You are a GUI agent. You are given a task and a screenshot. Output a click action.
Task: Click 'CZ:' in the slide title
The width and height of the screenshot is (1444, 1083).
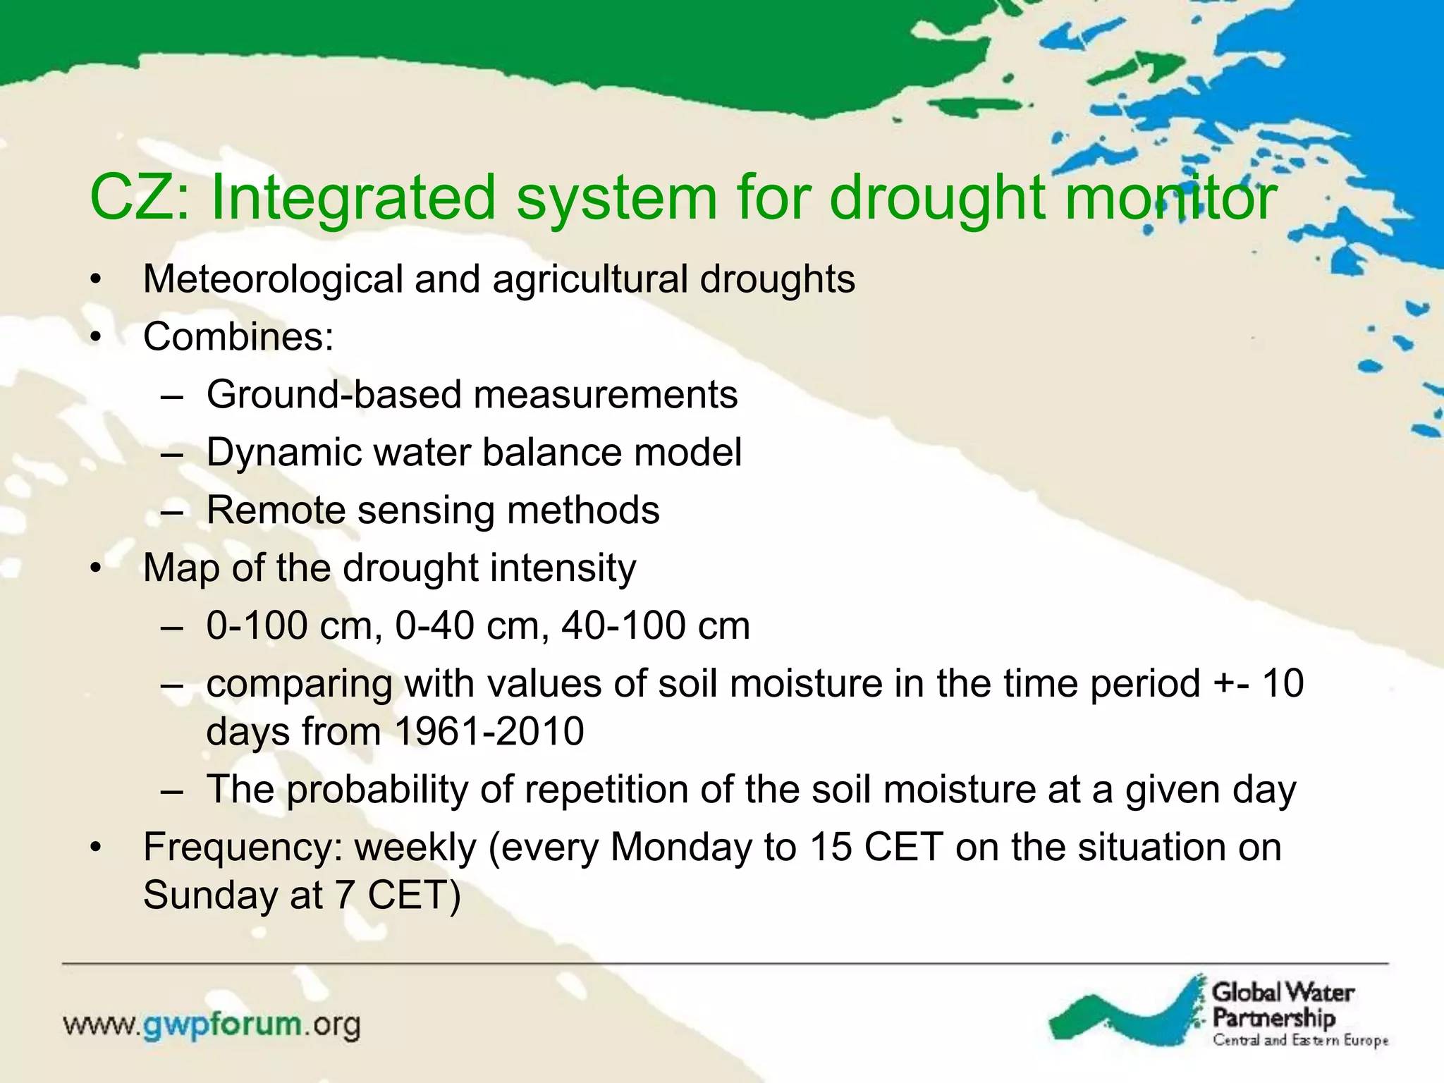(x=139, y=198)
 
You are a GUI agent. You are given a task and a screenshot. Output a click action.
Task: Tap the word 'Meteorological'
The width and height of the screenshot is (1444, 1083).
(x=272, y=279)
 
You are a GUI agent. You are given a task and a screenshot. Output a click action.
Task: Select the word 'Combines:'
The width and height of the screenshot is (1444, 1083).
(x=238, y=336)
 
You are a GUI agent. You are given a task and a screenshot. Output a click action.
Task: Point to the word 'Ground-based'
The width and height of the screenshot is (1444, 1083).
(x=334, y=394)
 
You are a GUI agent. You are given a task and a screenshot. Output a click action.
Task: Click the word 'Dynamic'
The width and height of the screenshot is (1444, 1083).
(x=283, y=452)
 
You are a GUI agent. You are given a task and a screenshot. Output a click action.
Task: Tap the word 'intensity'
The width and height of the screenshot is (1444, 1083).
(x=562, y=568)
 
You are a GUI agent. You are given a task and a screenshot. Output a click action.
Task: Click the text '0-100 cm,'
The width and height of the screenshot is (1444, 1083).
(x=294, y=625)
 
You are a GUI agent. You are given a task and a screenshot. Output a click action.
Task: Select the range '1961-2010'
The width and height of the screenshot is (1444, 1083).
(x=489, y=731)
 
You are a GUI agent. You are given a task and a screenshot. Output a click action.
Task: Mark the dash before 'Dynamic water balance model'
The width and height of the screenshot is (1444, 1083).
(x=172, y=453)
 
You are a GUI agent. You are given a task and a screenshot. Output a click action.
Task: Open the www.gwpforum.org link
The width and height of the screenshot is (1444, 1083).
(x=212, y=1024)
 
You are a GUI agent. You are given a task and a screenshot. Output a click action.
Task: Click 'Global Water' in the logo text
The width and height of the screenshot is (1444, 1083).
(x=1283, y=993)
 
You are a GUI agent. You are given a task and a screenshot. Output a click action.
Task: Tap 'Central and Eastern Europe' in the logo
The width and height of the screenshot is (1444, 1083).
(x=1300, y=1041)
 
